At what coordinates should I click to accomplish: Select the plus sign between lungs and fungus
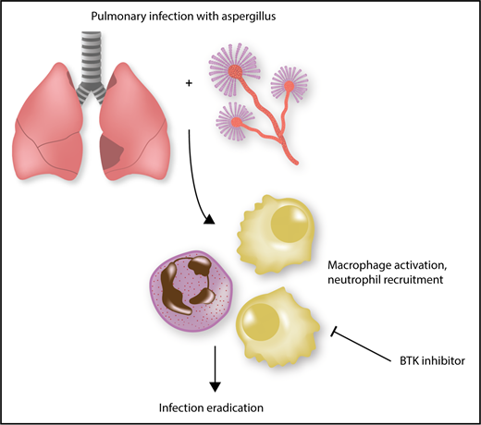[x=190, y=83]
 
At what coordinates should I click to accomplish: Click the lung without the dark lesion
[x=48, y=129]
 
